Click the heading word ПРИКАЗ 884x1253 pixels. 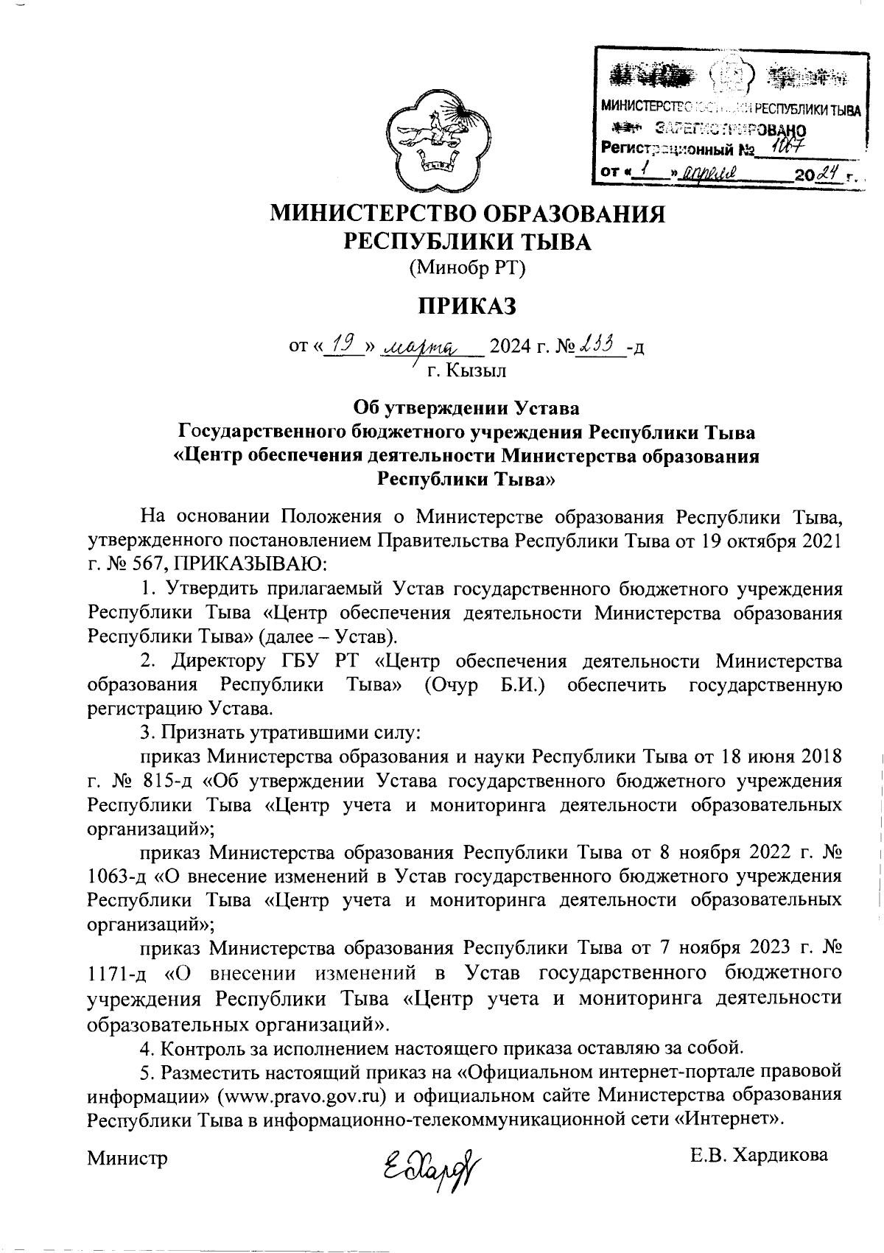[x=465, y=304]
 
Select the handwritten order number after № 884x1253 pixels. [x=598, y=343]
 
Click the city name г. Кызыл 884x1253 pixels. [x=467, y=370]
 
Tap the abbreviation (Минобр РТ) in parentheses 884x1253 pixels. [x=466, y=268]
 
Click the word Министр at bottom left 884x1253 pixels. [x=127, y=1157]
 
